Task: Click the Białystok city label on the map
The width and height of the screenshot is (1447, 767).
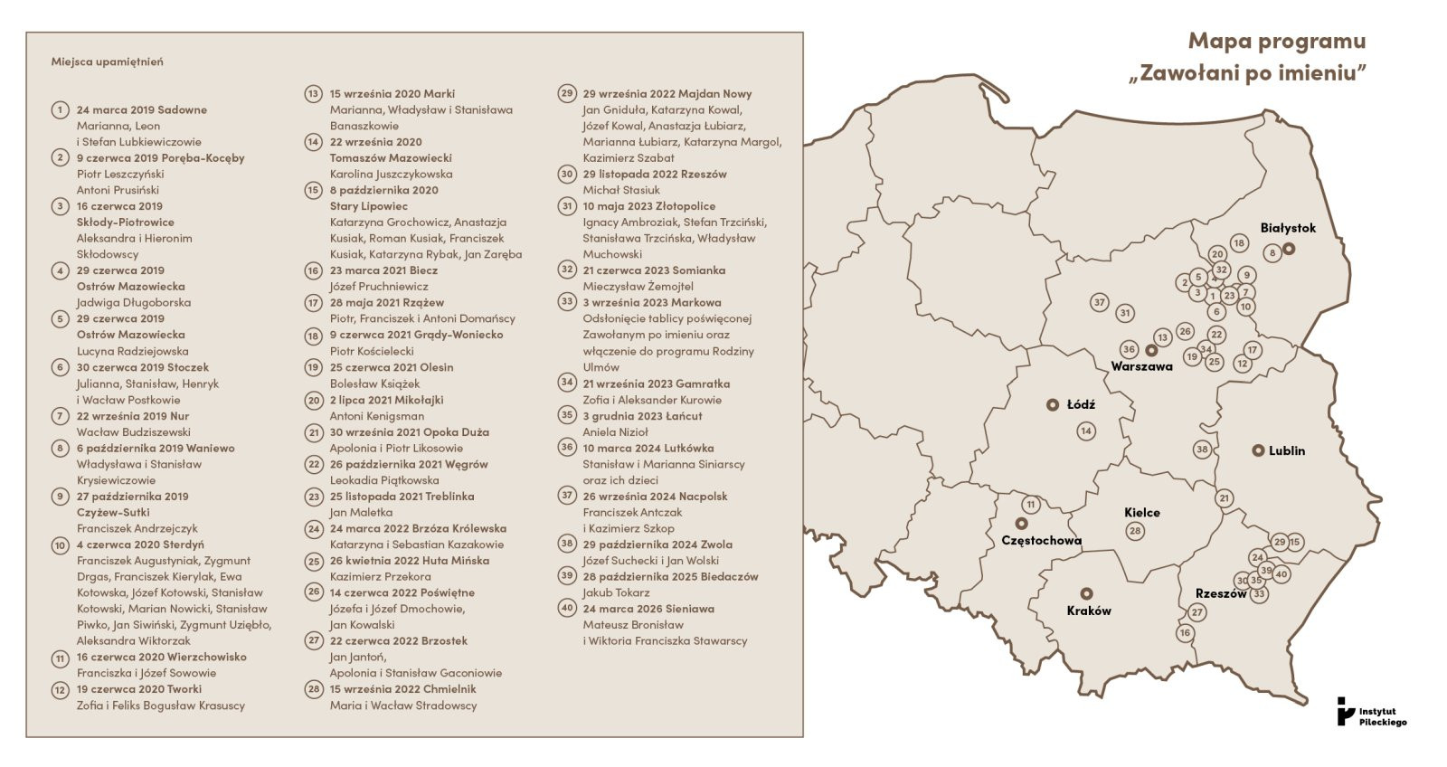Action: (x=1288, y=228)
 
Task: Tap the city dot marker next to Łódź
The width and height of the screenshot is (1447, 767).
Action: (x=1052, y=405)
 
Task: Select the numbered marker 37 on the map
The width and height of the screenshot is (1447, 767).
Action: (x=1099, y=302)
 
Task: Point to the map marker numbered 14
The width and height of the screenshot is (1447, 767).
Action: (x=1086, y=431)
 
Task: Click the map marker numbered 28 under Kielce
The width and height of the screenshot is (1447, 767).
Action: (x=1135, y=531)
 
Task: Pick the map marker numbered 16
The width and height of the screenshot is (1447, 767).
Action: (x=1185, y=633)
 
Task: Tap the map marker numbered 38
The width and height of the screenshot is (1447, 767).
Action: (x=1202, y=450)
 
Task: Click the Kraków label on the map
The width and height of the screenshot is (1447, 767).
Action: (x=1089, y=611)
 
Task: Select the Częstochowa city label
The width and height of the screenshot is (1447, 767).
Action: (x=1041, y=541)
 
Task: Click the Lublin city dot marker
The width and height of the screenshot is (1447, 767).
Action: (x=1257, y=450)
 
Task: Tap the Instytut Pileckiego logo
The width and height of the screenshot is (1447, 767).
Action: (x=1372, y=712)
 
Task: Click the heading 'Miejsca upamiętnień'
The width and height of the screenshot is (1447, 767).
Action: (x=107, y=62)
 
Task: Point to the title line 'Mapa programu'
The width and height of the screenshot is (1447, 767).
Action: (x=1276, y=42)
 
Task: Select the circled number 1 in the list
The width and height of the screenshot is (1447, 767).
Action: (x=61, y=110)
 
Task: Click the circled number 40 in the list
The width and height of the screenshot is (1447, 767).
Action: (x=567, y=608)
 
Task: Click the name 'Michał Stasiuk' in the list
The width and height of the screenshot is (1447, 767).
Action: (x=621, y=190)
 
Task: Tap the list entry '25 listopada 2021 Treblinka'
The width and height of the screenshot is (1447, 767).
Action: (x=402, y=497)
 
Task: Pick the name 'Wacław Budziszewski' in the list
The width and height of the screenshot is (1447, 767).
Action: (x=133, y=432)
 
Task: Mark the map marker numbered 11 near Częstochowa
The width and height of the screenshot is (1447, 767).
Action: (x=1030, y=505)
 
